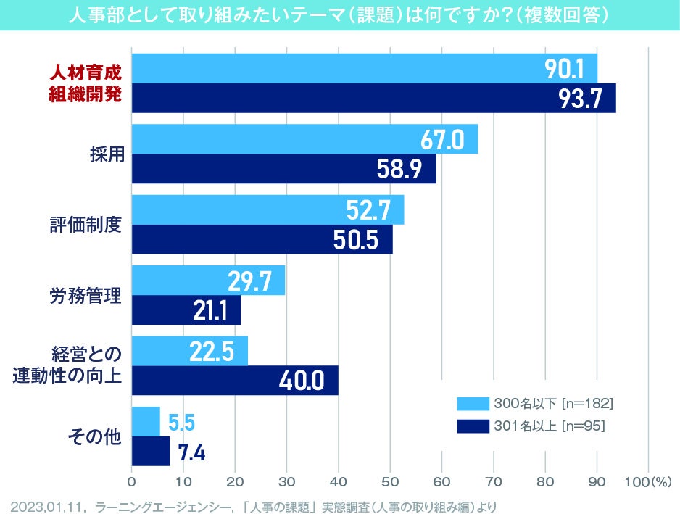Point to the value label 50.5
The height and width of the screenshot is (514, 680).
pyautogui.click(x=357, y=239)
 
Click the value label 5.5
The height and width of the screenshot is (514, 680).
pyautogui.click(x=181, y=422)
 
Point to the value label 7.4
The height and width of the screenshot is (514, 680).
pyautogui.click(x=191, y=452)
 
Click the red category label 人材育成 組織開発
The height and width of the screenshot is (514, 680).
pyautogui.click(x=85, y=83)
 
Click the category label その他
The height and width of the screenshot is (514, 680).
pyautogui.click(x=94, y=436)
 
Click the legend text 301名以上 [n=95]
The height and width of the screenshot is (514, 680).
pyautogui.click(x=549, y=426)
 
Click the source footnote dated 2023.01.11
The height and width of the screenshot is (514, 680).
pyautogui.click(x=254, y=502)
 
